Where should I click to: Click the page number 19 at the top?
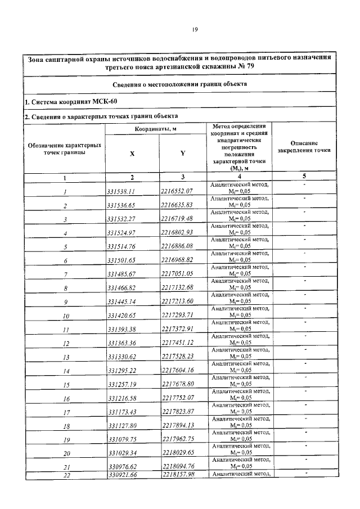coord(194,31)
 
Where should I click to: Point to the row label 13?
coord(65,357)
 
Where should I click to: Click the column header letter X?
coord(132,153)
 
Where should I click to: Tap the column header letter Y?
coord(183,153)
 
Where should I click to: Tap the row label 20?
coord(65,453)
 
